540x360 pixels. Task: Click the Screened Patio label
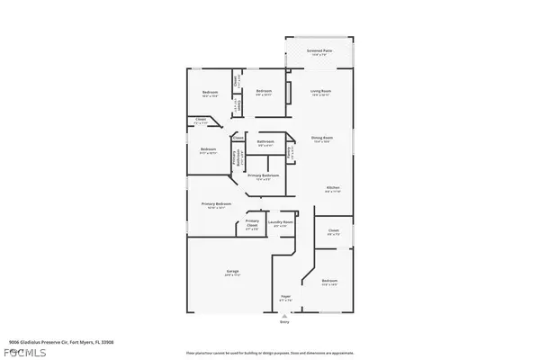[x=319, y=51]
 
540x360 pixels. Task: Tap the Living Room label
[x=321, y=92]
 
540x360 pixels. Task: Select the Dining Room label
[x=321, y=139]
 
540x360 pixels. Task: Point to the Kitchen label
[x=332, y=188]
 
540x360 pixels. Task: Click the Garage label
[x=232, y=271]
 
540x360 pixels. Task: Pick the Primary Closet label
[x=252, y=222]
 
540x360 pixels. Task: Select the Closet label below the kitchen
[x=333, y=230]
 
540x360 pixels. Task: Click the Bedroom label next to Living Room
[x=264, y=92]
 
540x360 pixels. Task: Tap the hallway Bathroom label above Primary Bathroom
[x=265, y=142]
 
